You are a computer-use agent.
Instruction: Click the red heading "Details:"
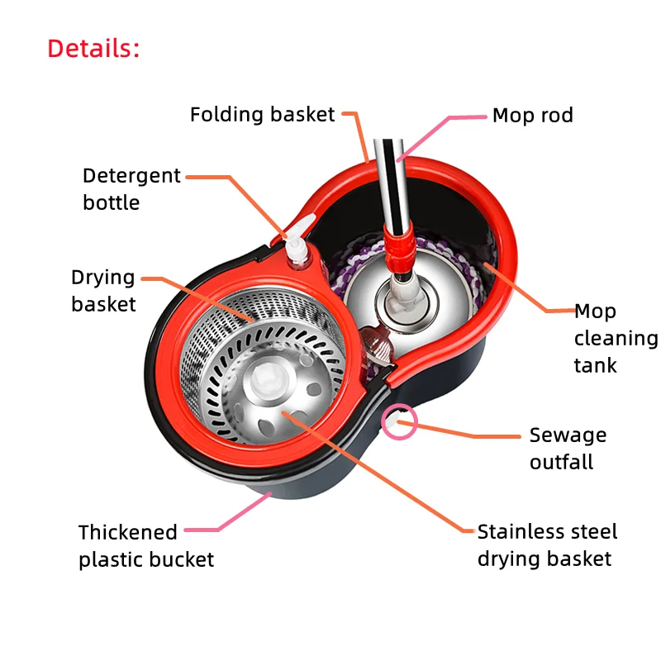point(93,48)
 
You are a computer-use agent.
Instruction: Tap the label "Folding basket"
point(262,114)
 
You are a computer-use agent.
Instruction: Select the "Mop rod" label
point(532,116)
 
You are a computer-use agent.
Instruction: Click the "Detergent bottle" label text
point(131,189)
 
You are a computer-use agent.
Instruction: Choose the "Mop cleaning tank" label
point(616,338)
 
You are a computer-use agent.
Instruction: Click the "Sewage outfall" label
point(568,448)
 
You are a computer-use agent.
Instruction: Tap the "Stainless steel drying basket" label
point(546,544)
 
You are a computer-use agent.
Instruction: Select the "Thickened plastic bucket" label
point(146,545)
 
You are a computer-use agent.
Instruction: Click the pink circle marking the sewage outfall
point(400,423)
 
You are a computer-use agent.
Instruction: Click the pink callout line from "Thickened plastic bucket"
point(240,516)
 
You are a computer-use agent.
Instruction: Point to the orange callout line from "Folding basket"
point(362,136)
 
